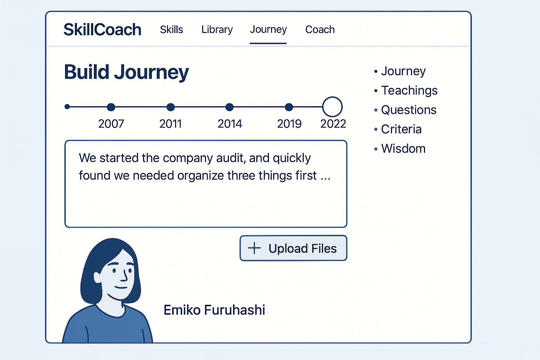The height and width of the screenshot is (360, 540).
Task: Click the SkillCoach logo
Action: click(x=102, y=30)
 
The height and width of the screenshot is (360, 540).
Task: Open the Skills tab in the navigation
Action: click(x=172, y=30)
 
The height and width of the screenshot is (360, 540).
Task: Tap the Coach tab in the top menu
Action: click(x=320, y=30)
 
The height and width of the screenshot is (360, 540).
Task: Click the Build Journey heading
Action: click(x=126, y=72)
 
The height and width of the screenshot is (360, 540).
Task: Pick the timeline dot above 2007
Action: click(x=111, y=107)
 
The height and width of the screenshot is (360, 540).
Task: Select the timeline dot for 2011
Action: click(x=171, y=107)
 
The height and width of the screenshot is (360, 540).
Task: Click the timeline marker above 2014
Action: click(x=230, y=107)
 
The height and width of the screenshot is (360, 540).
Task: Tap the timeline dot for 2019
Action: click(x=289, y=107)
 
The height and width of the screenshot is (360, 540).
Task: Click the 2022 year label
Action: click(x=333, y=124)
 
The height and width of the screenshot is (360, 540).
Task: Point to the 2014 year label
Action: click(x=230, y=124)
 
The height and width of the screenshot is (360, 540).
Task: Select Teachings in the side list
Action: click(x=409, y=91)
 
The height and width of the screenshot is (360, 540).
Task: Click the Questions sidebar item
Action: click(x=409, y=110)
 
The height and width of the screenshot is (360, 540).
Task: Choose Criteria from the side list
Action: click(x=401, y=129)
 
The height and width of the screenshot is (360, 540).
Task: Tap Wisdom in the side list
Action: click(x=403, y=148)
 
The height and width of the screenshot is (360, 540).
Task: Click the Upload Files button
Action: click(x=294, y=248)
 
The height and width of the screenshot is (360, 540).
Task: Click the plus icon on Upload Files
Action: click(x=254, y=248)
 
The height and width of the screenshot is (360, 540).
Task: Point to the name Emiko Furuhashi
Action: click(x=214, y=310)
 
